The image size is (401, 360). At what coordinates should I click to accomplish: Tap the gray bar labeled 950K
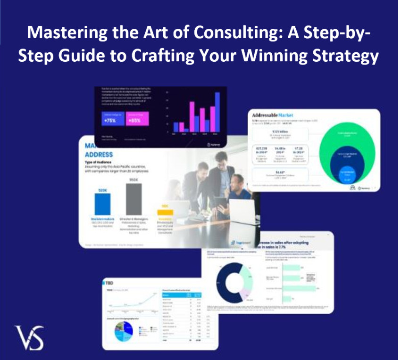tap(134, 198)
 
